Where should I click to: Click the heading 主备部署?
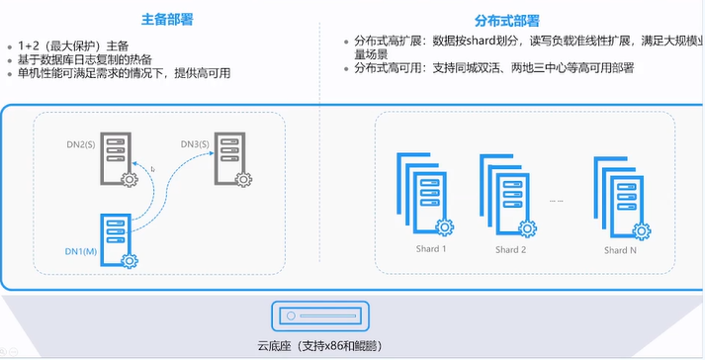point(167,20)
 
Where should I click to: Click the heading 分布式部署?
point(506,21)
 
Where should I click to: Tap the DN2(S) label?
point(81,144)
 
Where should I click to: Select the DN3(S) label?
point(195,144)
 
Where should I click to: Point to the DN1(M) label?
point(81,251)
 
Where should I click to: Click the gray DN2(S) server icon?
point(116,158)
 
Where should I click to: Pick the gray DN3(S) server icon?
point(229,158)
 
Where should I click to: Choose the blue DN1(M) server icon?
point(116,240)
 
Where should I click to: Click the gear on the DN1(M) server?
point(130,260)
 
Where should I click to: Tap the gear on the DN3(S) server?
point(243,180)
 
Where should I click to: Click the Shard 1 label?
point(431,249)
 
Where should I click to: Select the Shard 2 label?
point(511,250)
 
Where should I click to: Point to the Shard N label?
point(621,250)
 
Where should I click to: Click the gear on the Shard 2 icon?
point(527,228)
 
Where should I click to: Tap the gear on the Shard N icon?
point(642,231)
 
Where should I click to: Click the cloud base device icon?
point(320,315)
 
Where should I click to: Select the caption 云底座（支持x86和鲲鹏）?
point(320,346)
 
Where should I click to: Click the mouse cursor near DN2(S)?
point(153,169)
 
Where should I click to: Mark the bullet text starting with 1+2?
point(73,45)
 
